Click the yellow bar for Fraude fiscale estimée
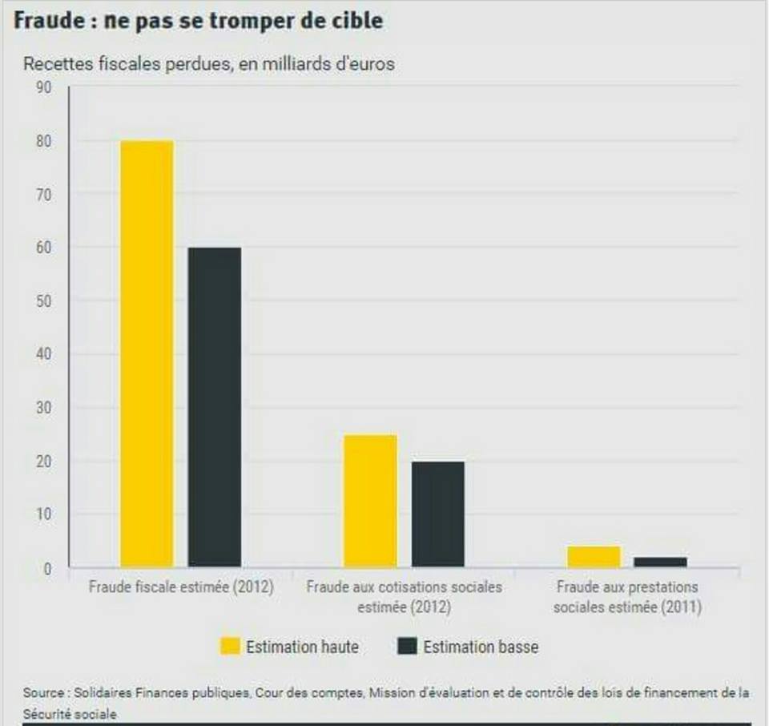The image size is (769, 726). (147, 353)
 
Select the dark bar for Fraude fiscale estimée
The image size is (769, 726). (214, 407)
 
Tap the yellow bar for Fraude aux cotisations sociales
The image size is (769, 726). (370, 501)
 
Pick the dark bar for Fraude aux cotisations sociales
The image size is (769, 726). (437, 514)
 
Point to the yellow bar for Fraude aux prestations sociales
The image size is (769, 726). (594, 556)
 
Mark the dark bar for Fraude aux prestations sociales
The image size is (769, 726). (661, 562)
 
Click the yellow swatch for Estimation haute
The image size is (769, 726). (230, 647)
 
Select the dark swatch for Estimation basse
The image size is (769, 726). (407, 647)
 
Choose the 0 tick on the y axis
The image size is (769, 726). (47, 568)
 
